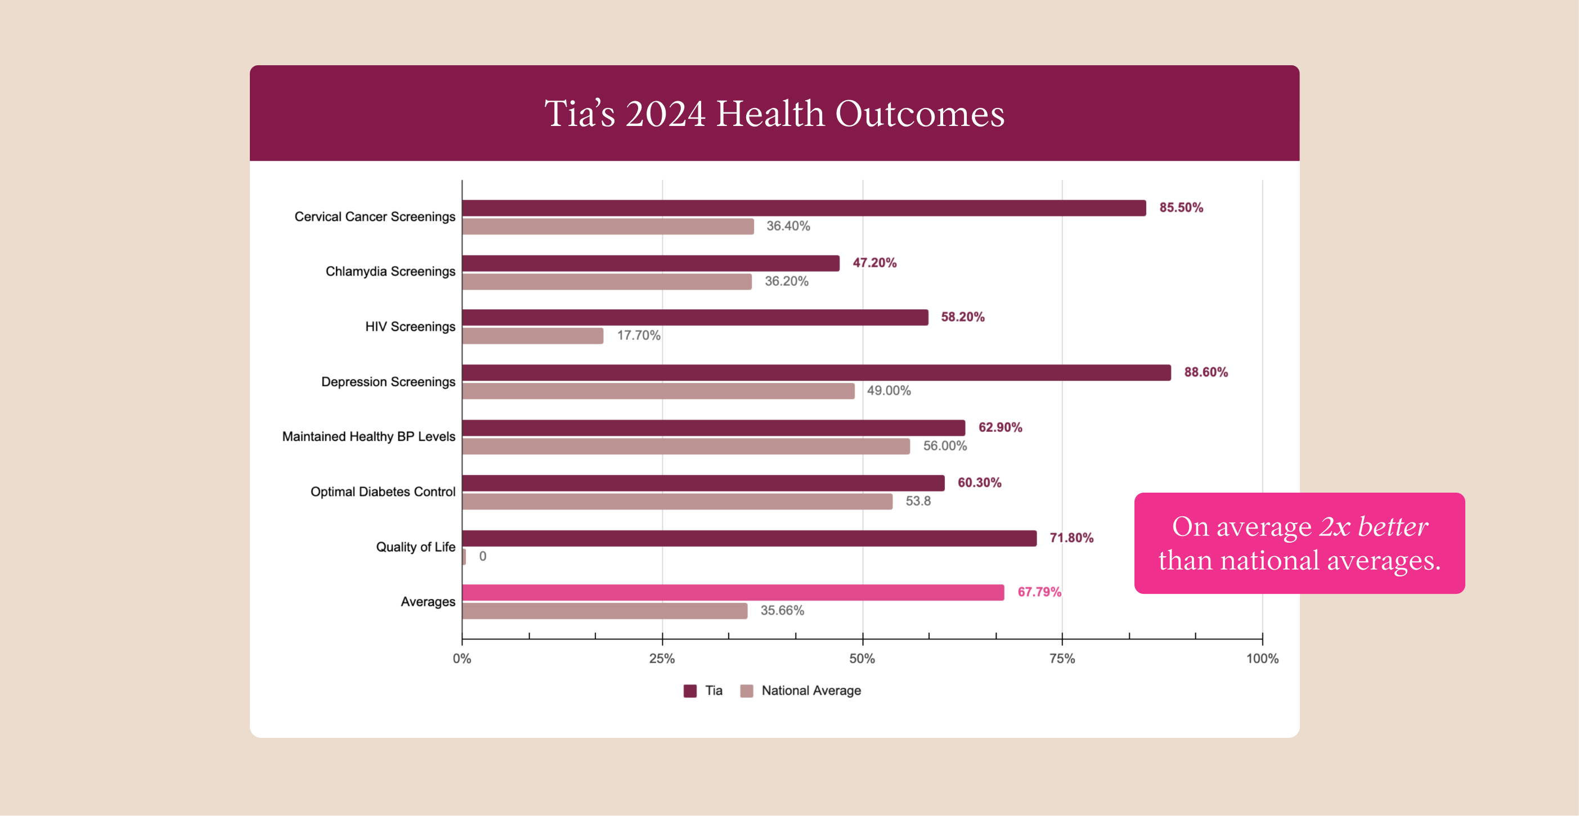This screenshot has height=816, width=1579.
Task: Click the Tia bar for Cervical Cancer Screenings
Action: point(803,208)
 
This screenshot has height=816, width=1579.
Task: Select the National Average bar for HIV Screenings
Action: point(533,336)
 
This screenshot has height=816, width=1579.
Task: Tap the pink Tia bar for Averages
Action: point(733,592)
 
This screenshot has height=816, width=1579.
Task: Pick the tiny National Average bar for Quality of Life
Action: point(464,556)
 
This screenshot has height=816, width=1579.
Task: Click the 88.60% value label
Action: point(1205,372)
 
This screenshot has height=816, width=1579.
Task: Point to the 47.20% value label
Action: point(874,263)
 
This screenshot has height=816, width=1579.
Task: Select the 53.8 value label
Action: point(918,501)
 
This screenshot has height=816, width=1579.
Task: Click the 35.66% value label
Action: point(782,611)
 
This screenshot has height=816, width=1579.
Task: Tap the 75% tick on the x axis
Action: point(1062,659)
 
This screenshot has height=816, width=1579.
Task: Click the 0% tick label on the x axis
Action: point(461,659)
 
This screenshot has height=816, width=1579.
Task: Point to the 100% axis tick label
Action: point(1262,659)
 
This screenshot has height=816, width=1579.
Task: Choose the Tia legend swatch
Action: point(689,691)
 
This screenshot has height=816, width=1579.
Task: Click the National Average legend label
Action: point(810,691)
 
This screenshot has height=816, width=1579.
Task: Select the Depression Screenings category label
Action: point(388,382)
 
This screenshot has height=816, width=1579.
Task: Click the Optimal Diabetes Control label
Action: point(383,492)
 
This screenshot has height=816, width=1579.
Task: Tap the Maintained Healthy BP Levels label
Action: point(369,437)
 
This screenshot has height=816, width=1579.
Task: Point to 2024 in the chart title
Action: point(665,114)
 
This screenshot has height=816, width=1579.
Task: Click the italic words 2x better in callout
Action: point(1373,527)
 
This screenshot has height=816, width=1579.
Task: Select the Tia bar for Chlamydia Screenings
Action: point(650,263)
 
